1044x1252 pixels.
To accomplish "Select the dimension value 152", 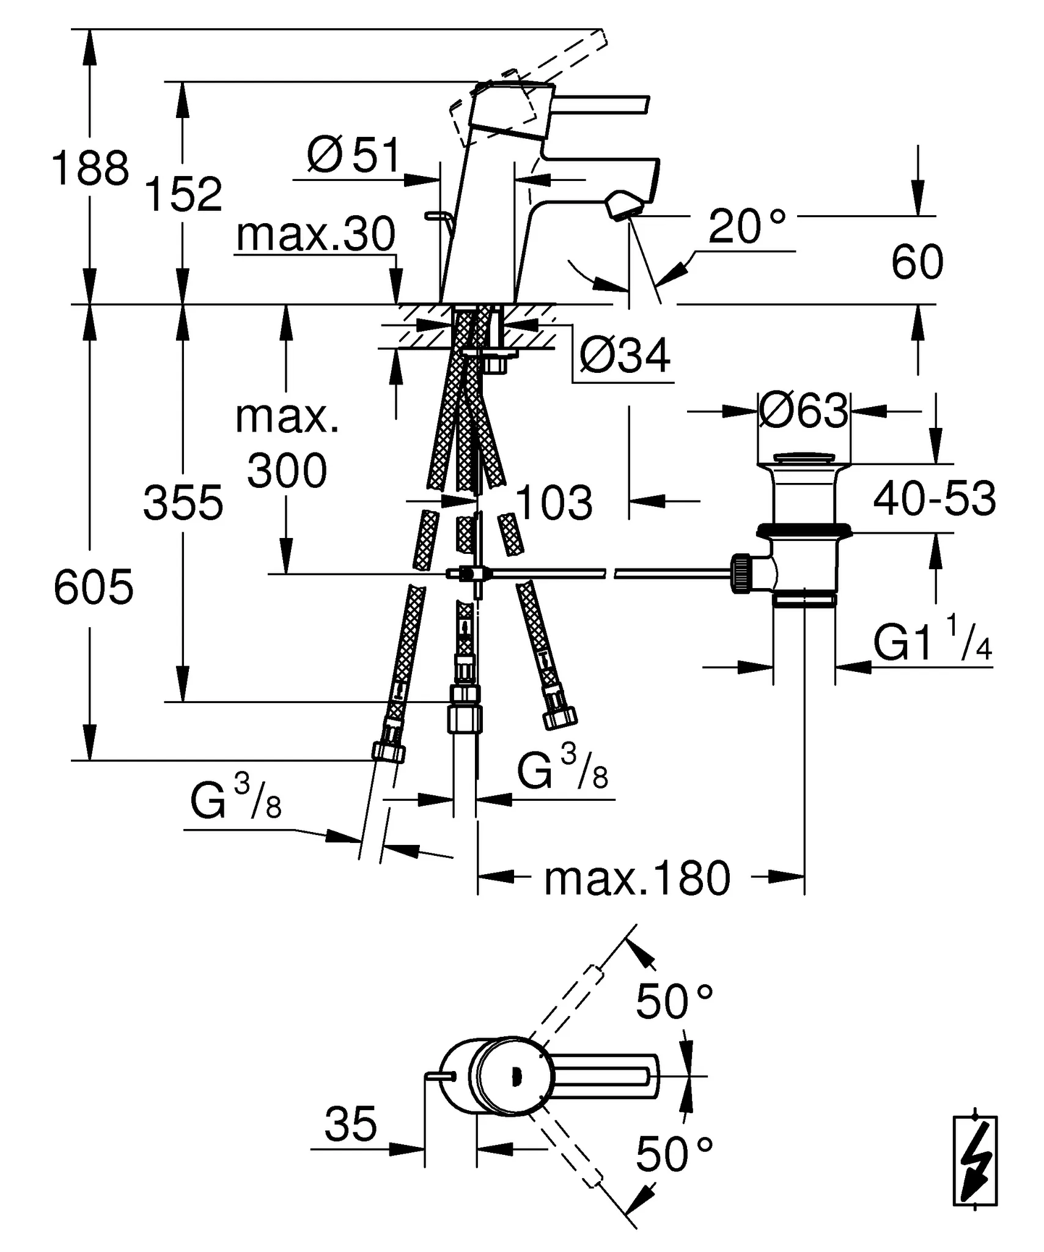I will [x=183, y=194].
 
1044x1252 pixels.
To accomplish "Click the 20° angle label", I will [x=747, y=227].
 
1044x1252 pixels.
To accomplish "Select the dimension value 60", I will [x=917, y=262].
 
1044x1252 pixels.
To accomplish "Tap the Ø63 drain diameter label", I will [x=804, y=411].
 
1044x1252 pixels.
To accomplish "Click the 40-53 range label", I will [x=935, y=499].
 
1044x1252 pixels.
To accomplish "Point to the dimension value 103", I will [x=554, y=503].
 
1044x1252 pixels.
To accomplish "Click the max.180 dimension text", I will [x=637, y=878].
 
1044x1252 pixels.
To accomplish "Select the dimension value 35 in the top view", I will [x=350, y=1124].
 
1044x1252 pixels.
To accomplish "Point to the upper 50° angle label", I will [x=674, y=1003].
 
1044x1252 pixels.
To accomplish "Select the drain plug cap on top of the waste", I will [x=803, y=458].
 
